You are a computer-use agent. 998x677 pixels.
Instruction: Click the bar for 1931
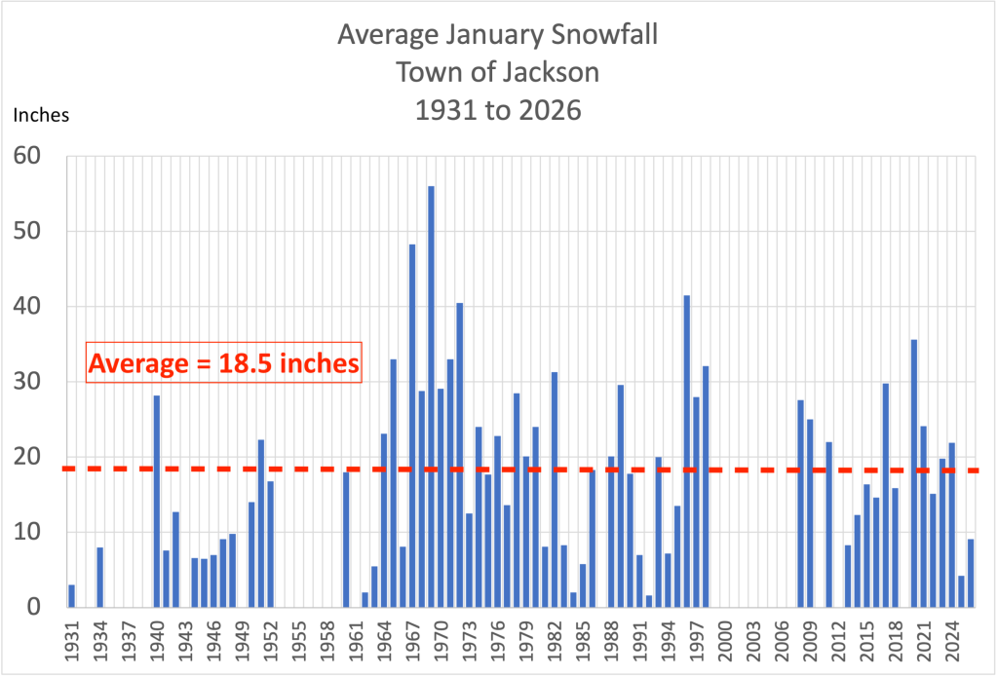[x=71, y=595]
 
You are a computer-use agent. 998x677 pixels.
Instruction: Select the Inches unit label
[x=41, y=115]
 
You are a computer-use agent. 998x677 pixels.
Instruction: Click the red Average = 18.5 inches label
[x=224, y=363]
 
